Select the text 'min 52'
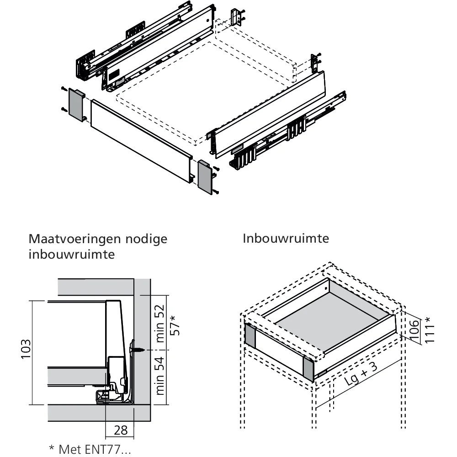pyautogui.click(x=160, y=324)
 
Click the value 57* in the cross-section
pyautogui.click(x=175, y=325)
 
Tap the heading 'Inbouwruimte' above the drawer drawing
pyautogui.click(x=286, y=239)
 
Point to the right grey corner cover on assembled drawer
pyautogui.click(x=309, y=369)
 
